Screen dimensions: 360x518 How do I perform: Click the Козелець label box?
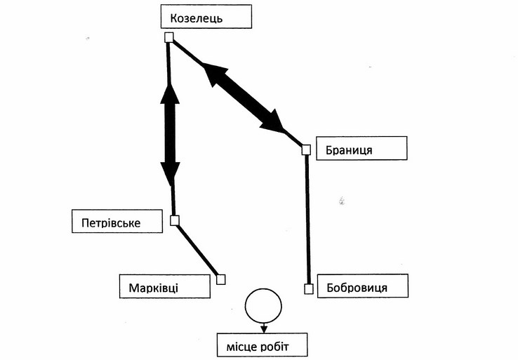click(x=205, y=18)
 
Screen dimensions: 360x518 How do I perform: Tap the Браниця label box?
click(x=362, y=149)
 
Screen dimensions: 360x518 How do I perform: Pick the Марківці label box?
click(x=166, y=286)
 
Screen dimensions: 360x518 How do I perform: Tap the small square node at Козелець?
click(x=168, y=37)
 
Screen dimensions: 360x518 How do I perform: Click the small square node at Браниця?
click(x=306, y=149)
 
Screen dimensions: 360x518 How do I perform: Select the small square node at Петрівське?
click(x=175, y=220)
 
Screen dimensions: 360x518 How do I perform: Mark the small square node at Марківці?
click(x=220, y=279)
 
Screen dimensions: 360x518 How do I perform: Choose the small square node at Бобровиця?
click(x=307, y=288)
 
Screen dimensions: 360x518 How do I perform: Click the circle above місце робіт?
click(x=263, y=305)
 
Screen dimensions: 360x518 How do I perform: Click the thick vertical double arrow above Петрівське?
click(x=169, y=133)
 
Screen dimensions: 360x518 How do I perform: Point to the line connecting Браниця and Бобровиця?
click(x=307, y=218)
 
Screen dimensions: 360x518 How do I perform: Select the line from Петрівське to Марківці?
click(x=197, y=249)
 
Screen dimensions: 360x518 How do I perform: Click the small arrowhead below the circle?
click(x=263, y=326)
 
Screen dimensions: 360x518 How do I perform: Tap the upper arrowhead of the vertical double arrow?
click(x=168, y=93)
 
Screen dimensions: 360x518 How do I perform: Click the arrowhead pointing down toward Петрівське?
click(x=170, y=174)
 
